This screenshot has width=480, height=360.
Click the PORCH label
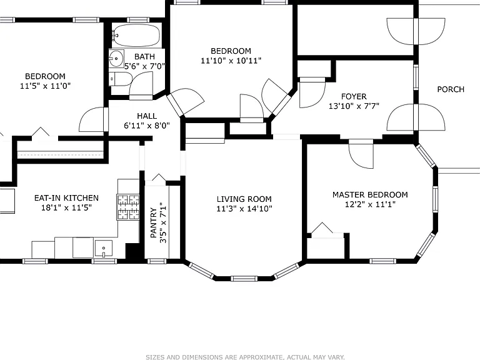[x=451, y=89]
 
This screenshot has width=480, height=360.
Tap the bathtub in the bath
[x=136, y=35]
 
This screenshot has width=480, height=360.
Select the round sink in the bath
[x=116, y=59]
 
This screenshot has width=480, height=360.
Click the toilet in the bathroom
[x=120, y=79]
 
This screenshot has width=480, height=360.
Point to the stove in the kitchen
[x=128, y=207]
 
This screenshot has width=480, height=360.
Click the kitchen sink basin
[x=104, y=248]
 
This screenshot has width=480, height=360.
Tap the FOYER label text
[x=354, y=97]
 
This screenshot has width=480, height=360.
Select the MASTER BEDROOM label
[x=370, y=195]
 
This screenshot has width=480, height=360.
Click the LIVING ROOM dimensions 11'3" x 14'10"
[x=244, y=209]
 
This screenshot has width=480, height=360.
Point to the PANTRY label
[x=153, y=222]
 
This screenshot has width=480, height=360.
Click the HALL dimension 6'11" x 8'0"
[x=147, y=126]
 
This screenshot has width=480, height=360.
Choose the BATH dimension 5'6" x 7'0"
[x=144, y=66]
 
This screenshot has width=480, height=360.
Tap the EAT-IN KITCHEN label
[x=66, y=198]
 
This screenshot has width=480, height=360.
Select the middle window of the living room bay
[x=244, y=279]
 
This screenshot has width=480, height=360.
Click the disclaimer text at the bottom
[x=245, y=357]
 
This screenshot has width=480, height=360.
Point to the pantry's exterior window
[x=157, y=261]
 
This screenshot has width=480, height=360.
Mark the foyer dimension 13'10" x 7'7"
[x=354, y=106]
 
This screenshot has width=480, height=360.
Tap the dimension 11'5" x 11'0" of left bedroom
[x=45, y=86]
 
